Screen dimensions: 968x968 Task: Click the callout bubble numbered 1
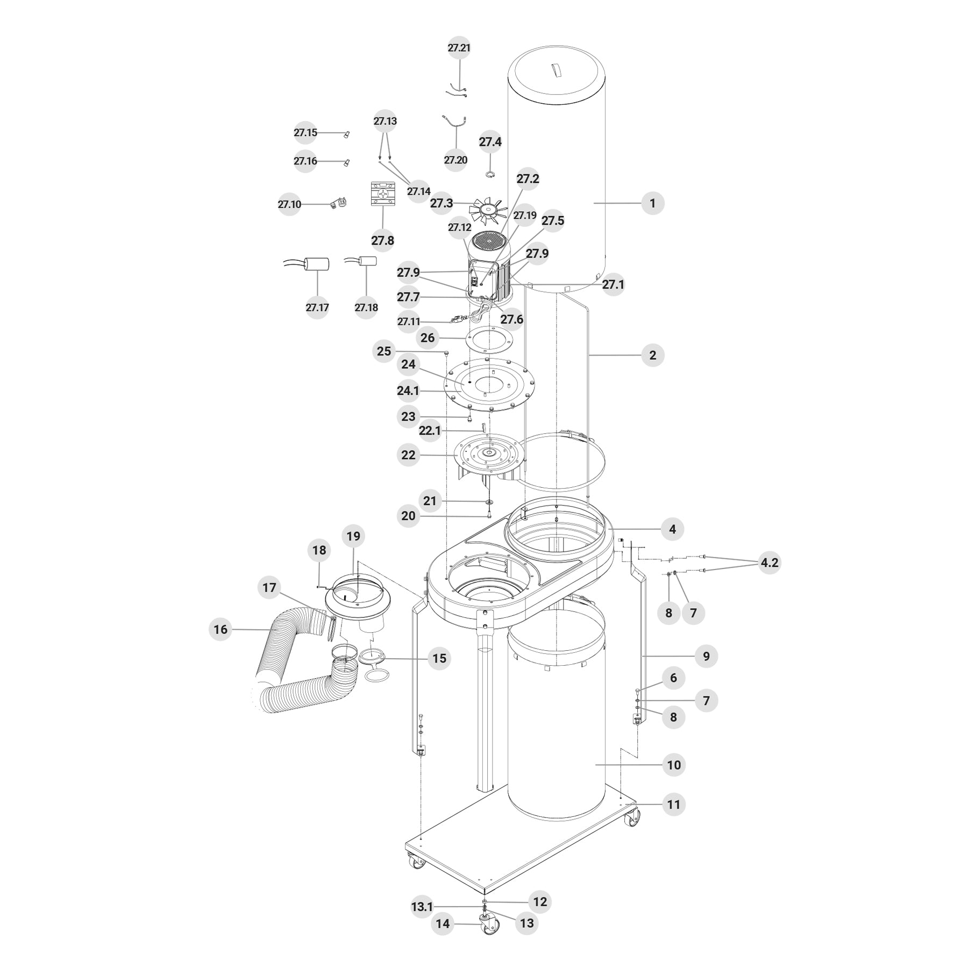tap(653, 203)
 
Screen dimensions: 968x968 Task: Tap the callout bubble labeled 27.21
tap(459, 48)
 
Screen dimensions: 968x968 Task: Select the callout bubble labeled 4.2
tap(769, 563)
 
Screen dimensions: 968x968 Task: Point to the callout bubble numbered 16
tap(220, 629)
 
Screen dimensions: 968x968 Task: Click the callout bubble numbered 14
tap(443, 924)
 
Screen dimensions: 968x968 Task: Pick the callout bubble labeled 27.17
tap(317, 308)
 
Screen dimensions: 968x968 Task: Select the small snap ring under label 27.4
tap(490, 174)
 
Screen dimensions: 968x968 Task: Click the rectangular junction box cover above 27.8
tap(383, 194)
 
